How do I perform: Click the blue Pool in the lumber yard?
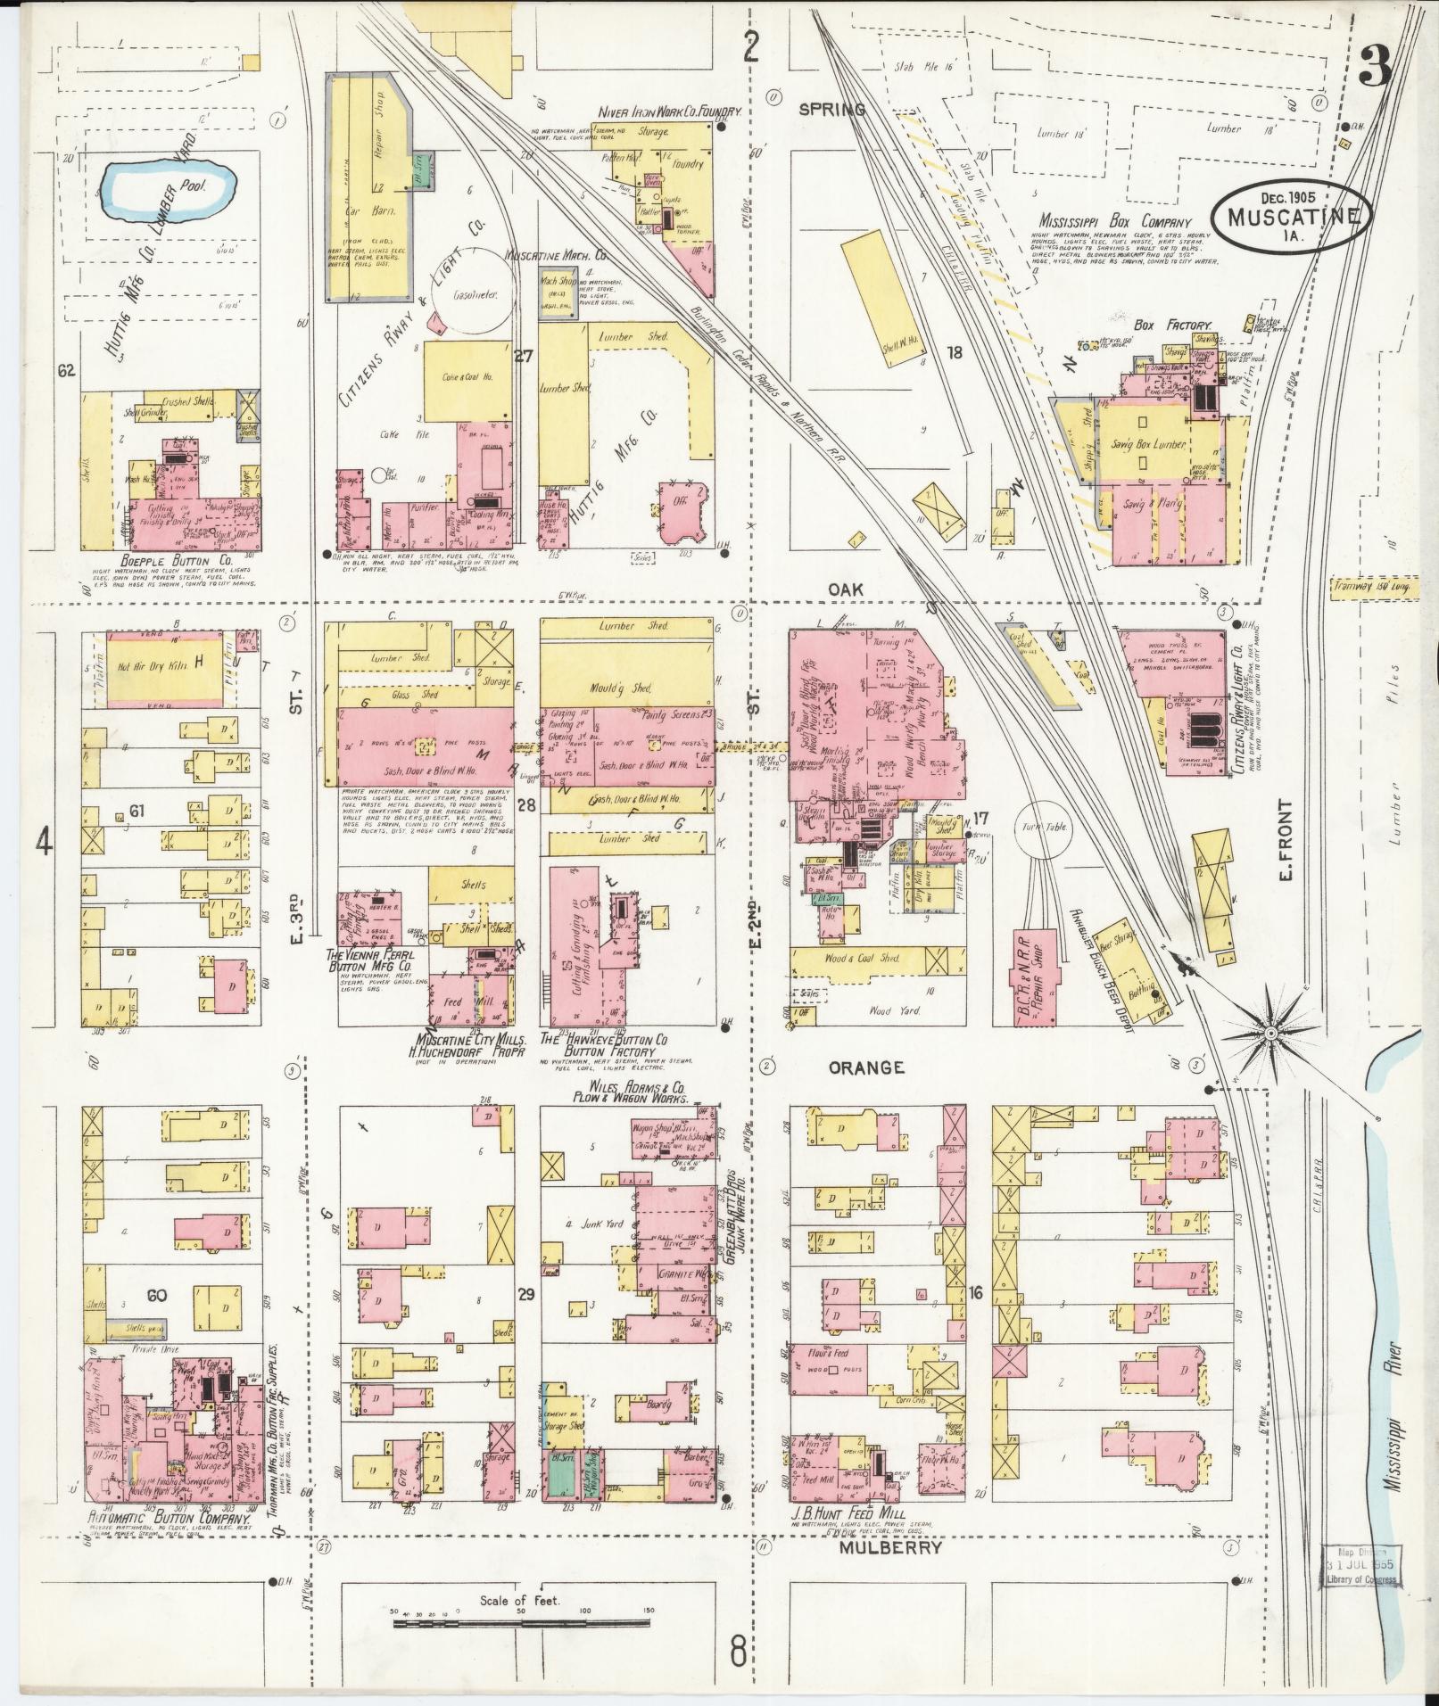click(x=167, y=189)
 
